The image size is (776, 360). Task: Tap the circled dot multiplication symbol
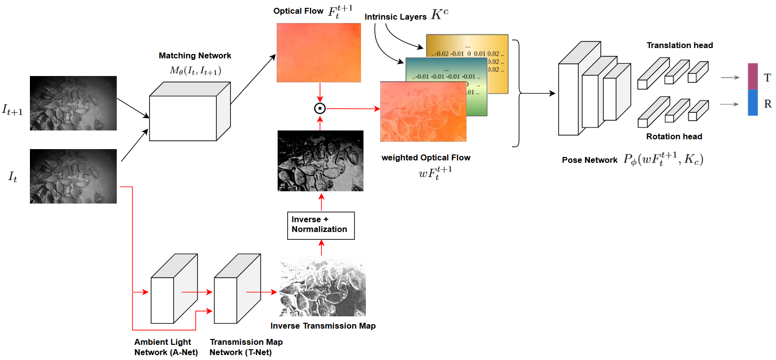[x=320, y=108]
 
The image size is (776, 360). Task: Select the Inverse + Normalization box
[x=320, y=225]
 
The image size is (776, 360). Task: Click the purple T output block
[x=752, y=77]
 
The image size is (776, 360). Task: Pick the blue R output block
[x=752, y=103]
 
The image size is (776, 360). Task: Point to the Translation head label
[x=679, y=45]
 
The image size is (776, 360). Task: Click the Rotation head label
[x=674, y=136]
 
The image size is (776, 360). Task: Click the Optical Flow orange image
[x=318, y=52]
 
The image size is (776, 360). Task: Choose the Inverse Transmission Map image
[x=322, y=286]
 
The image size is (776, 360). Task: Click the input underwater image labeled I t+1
[x=73, y=103]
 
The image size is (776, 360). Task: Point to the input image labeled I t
[x=73, y=176]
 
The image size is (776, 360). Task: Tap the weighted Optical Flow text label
[x=426, y=157]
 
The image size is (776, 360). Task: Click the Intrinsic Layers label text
[x=395, y=17]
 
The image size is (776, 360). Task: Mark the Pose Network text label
[x=590, y=160]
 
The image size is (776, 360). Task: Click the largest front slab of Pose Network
[x=569, y=98]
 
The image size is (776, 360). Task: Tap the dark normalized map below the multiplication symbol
[x=320, y=161]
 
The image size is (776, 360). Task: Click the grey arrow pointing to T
[x=730, y=77]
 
